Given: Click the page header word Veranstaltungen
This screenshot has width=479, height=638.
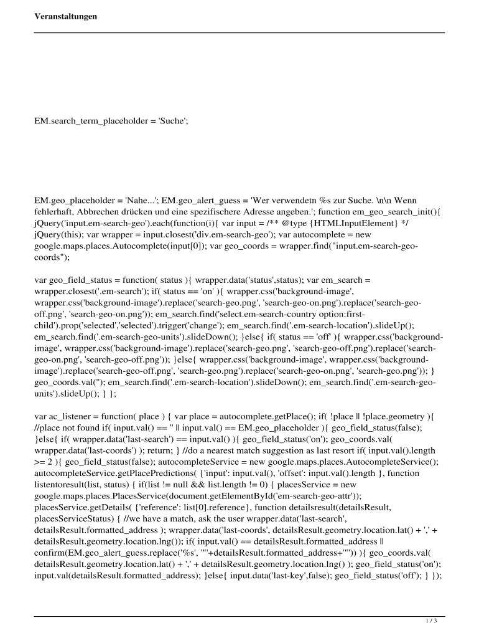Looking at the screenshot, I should pyautogui.click(x=65, y=16).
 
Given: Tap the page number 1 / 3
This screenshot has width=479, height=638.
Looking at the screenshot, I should pyautogui.click(x=432, y=621).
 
